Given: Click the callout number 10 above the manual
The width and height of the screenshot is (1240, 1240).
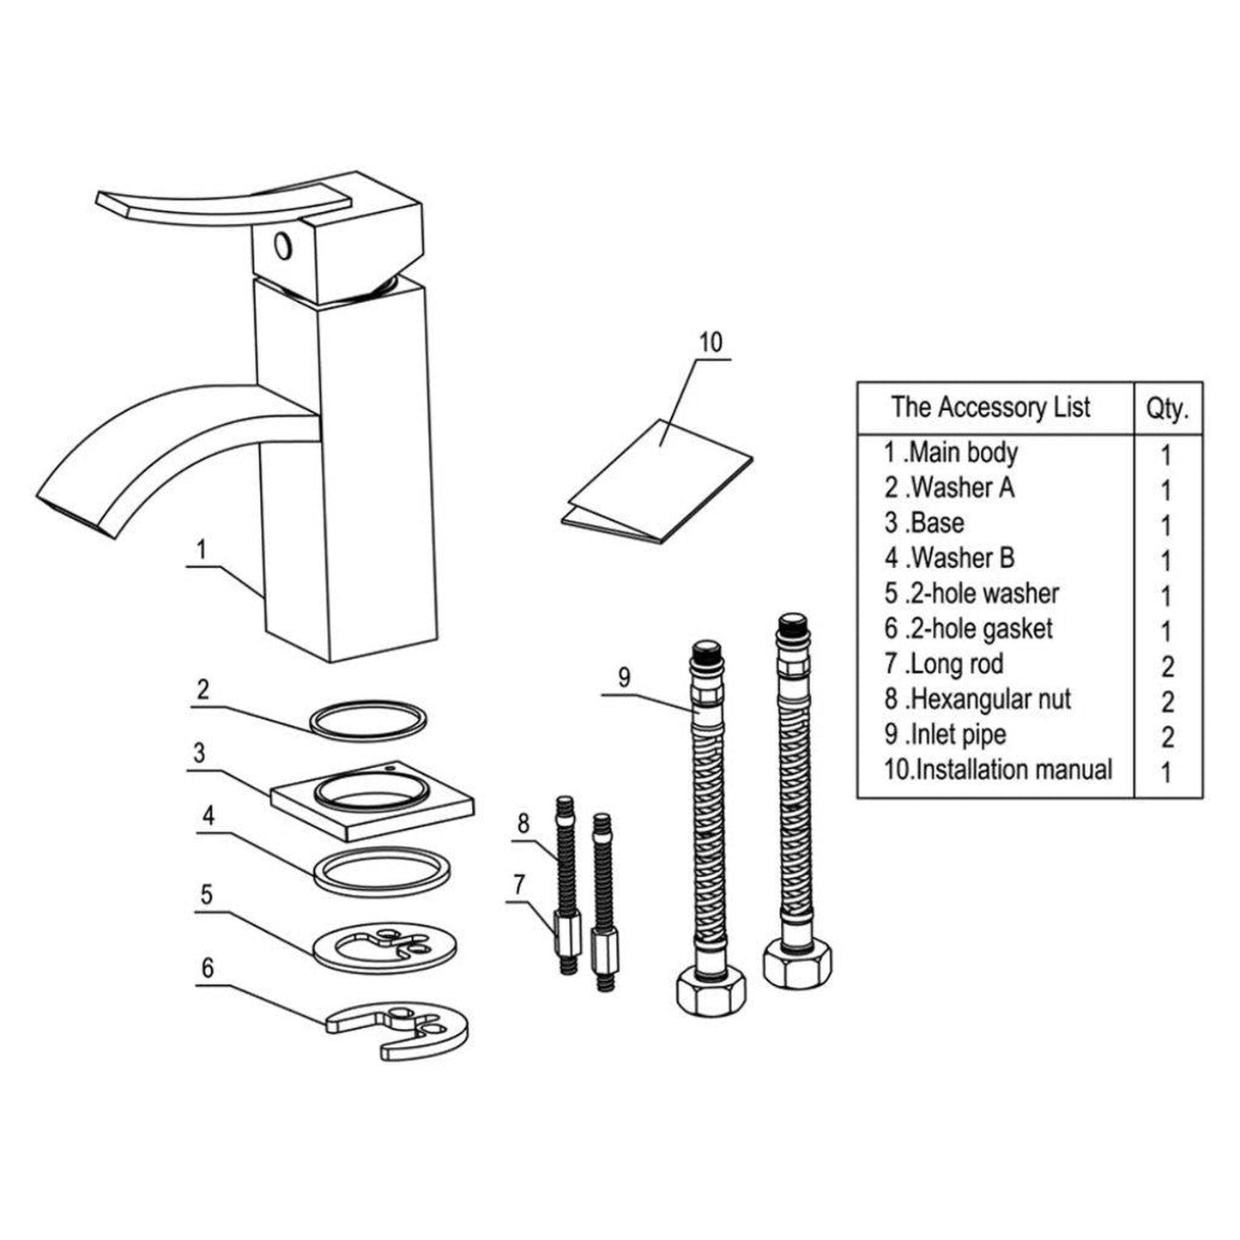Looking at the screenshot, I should click(711, 342).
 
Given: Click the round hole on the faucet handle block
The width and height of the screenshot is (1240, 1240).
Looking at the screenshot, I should click(282, 247).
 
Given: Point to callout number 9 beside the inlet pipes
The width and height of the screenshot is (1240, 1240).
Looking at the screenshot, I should click(624, 677).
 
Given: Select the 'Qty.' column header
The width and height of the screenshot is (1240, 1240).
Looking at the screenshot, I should click(1167, 408).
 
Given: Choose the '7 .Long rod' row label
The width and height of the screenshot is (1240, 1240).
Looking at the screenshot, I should click(944, 663).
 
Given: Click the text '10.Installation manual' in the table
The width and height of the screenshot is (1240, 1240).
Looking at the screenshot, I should click(998, 769).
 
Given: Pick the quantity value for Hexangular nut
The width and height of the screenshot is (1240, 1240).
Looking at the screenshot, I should click(1167, 701).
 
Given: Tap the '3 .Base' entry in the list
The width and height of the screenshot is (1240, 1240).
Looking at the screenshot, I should click(924, 523).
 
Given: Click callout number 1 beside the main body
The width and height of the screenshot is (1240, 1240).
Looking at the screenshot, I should click(201, 549).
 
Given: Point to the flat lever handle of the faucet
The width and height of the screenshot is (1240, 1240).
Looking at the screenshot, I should click(215, 204).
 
